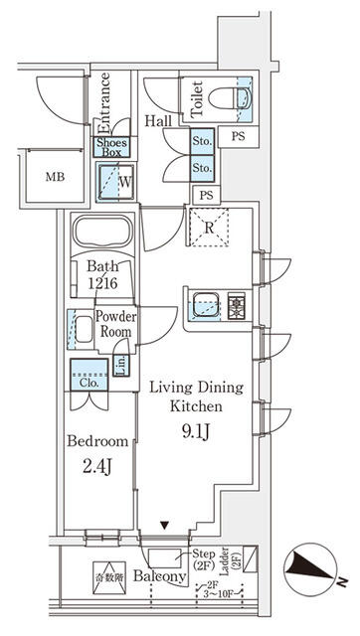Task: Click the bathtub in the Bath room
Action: [102, 235]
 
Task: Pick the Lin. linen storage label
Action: [120, 366]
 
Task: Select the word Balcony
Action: [158, 577]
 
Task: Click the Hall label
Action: [157, 121]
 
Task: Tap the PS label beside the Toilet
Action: [238, 135]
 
